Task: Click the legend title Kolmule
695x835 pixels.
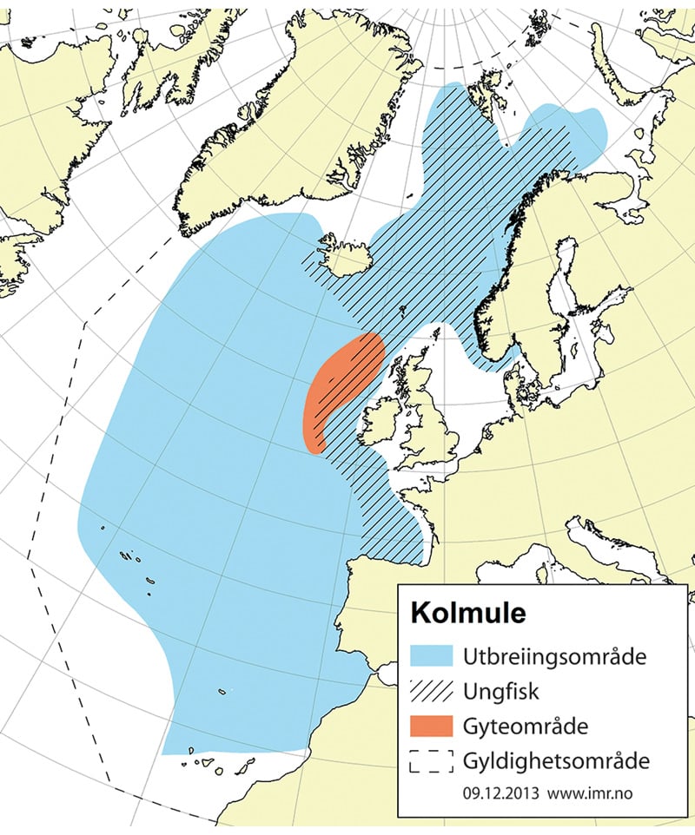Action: coord(467,613)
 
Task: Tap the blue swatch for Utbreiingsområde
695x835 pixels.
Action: coord(431,655)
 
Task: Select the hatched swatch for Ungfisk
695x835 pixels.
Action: coord(431,691)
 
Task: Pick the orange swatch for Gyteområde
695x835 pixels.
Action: coord(431,726)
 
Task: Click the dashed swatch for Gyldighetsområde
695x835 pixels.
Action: coord(431,762)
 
